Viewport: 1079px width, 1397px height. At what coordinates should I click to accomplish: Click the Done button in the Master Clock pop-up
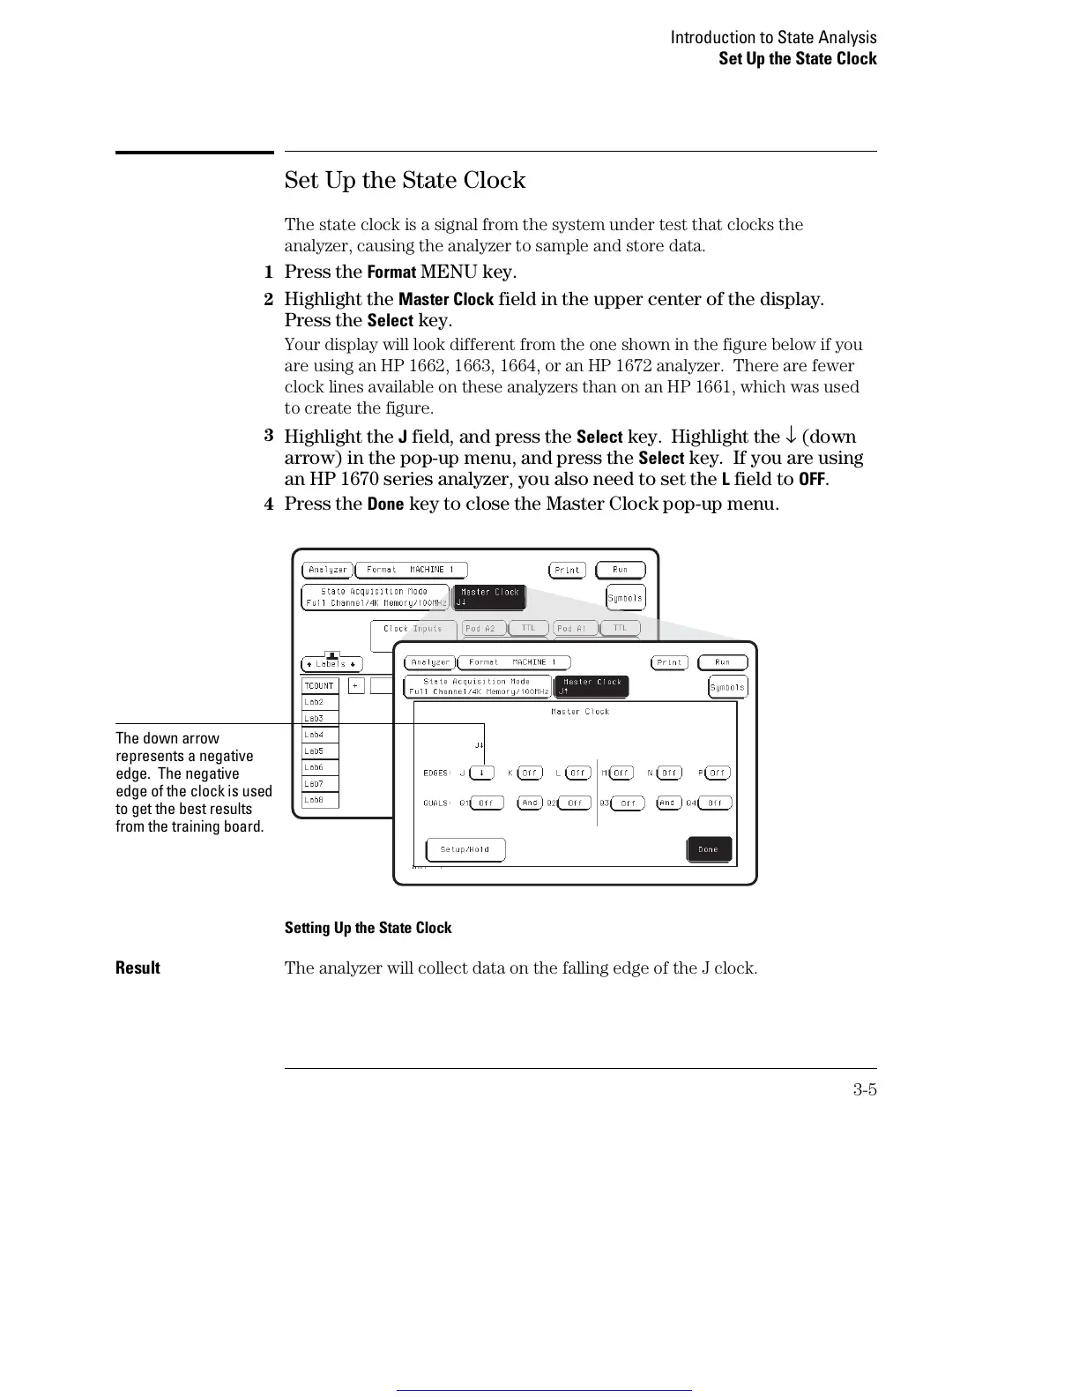click(x=709, y=849)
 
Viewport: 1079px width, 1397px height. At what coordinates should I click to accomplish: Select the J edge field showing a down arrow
click(x=481, y=773)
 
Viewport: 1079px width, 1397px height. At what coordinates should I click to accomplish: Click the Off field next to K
click(x=529, y=773)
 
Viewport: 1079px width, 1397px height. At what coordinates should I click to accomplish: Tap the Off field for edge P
click(x=718, y=773)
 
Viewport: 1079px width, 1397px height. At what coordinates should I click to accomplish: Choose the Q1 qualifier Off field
click(x=487, y=803)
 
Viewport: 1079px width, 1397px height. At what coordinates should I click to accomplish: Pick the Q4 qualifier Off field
click(x=714, y=803)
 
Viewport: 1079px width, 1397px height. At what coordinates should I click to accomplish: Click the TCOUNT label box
click(x=319, y=685)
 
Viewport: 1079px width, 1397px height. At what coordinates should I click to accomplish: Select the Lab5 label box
click(x=319, y=751)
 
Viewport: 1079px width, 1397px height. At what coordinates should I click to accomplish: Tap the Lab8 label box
click(x=319, y=800)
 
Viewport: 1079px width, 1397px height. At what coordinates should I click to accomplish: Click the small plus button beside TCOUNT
click(x=356, y=685)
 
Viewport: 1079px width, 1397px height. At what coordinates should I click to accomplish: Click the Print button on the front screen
click(x=670, y=662)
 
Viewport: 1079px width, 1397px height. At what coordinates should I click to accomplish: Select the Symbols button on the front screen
click(x=727, y=687)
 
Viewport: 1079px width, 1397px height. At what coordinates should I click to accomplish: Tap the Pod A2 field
click(x=481, y=628)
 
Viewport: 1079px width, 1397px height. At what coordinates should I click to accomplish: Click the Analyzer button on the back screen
click(x=328, y=570)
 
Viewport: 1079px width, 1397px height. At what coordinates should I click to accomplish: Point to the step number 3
click(x=269, y=436)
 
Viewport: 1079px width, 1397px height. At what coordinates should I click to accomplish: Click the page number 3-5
click(x=864, y=1089)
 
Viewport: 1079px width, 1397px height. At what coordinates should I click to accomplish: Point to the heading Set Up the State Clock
click(x=405, y=181)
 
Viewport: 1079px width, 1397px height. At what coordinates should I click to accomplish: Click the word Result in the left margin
click(x=138, y=967)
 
